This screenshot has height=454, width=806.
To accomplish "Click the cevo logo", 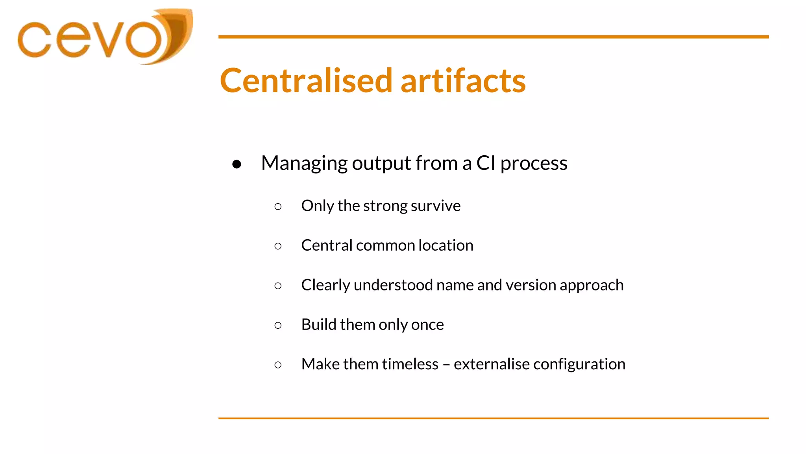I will click(x=104, y=37).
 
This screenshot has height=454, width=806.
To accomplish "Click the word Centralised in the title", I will click(x=306, y=81).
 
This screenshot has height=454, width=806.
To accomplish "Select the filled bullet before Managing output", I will click(x=237, y=164).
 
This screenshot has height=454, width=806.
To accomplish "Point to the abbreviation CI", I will click(x=486, y=163).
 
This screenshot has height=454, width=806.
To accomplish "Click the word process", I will click(x=534, y=163).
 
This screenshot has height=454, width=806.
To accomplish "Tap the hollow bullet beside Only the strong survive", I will click(x=278, y=207).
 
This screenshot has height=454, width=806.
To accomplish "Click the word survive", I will click(x=436, y=206).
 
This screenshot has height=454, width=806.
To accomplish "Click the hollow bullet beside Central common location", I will click(x=278, y=246).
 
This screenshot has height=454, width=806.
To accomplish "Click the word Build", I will click(x=318, y=324).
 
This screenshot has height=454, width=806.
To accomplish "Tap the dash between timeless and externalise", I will click(x=446, y=365).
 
